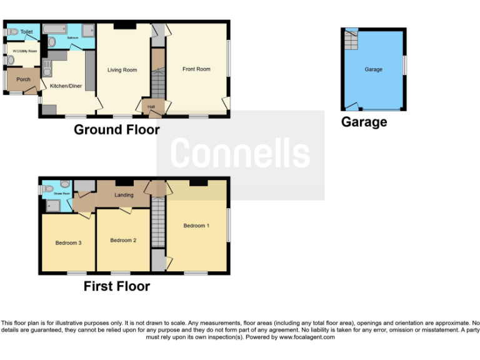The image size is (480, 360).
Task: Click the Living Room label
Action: coord(122,70)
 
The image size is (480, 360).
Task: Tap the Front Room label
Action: coord(196,69)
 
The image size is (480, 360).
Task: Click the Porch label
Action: coord(23,79)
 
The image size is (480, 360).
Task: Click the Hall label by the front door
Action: coord(151,107)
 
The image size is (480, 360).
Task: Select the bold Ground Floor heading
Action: coord(117,129)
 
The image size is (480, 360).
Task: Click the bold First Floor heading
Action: coord(117,286)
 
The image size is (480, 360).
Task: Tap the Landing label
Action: coord(124,195)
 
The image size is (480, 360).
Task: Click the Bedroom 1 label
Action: coord(196,226)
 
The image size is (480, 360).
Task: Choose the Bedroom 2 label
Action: coord(123,240)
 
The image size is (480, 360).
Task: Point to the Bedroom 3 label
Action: coord(68,242)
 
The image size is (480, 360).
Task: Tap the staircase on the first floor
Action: coord(158,223)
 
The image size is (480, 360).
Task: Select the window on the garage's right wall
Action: coord(404,64)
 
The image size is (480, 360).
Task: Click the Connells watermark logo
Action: coord(240,153)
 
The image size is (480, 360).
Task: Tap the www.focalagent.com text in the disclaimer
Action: coord(306,337)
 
